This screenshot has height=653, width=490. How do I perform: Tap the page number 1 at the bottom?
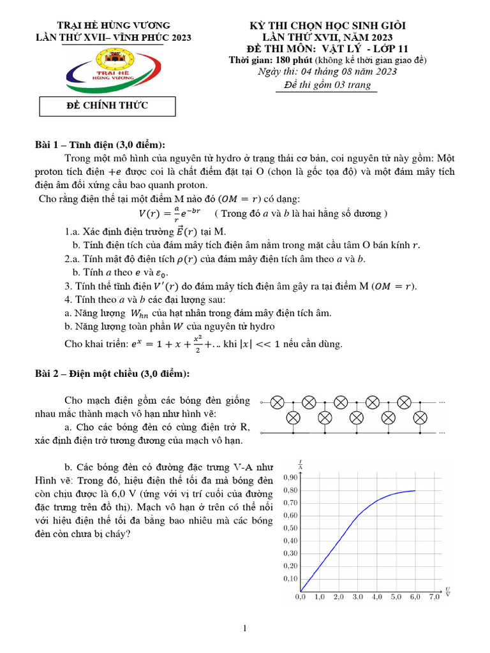(245, 629)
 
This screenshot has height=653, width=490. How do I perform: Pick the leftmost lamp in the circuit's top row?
(278, 402)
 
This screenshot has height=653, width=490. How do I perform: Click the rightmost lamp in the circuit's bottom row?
(420, 418)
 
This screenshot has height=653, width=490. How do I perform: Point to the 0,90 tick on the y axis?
(291, 478)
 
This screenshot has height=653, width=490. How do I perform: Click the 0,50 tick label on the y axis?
(290, 528)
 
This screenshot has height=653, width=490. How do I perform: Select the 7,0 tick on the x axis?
(434, 598)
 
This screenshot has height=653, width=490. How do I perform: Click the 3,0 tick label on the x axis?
(357, 598)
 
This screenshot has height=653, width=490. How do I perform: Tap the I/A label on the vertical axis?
(300, 463)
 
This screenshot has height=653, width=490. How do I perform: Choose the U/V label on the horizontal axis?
(448, 591)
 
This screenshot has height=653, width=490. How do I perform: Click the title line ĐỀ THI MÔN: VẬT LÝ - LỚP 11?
(327, 48)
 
